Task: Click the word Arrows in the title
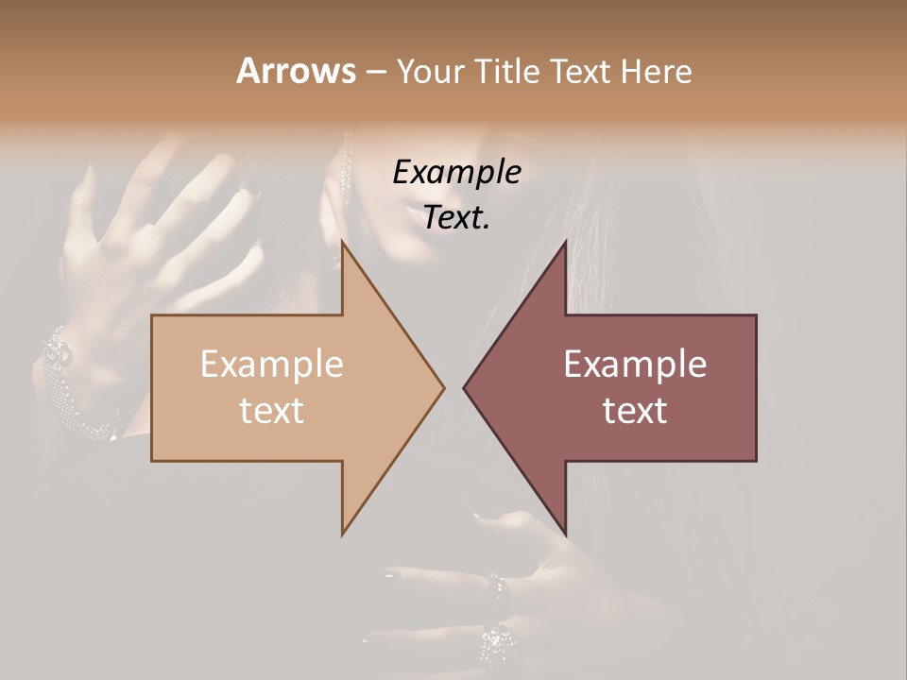296,71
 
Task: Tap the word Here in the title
656,72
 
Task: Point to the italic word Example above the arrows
457,173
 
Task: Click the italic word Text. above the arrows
457,217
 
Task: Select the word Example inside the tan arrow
272,365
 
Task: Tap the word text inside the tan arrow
272,411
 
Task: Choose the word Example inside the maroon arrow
635,365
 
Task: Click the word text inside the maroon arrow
635,411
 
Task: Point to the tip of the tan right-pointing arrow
443,387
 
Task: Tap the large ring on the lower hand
499,645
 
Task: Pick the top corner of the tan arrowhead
343,243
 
